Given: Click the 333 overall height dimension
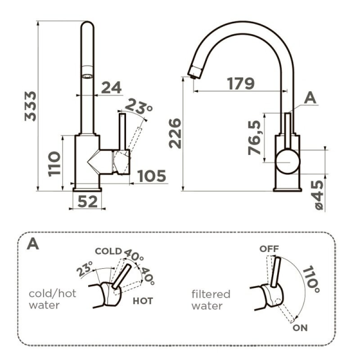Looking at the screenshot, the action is tap(31, 106).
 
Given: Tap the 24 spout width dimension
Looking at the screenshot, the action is tap(111, 87).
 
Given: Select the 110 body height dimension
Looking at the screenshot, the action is tap(54, 164).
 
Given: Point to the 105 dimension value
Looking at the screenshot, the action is tap(152, 176).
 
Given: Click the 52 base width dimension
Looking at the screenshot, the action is tap(87, 202).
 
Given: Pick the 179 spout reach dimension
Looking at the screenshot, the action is tap(241, 83).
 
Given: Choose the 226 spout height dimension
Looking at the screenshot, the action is tap(175, 133).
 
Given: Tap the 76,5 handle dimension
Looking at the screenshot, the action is tap(255, 138).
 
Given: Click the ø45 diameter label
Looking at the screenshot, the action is tap(319, 195).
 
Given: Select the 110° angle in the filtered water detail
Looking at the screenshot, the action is tap(311, 279).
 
